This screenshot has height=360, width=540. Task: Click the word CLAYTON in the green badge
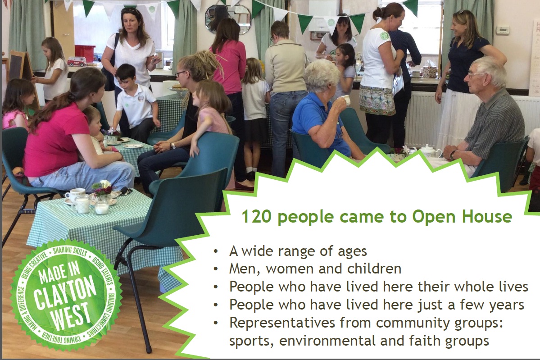[65, 293]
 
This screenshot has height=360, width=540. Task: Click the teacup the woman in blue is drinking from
[345, 100]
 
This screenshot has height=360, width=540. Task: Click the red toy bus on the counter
[77, 62]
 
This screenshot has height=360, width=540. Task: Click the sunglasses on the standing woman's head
[130, 10]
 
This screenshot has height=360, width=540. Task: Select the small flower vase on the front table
[102, 191]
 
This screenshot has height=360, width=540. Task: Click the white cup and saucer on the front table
[75, 196]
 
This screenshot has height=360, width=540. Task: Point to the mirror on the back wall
[228, 20]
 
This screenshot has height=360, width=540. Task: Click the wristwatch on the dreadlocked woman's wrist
[173, 146]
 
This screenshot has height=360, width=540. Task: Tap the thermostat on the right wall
[503, 30]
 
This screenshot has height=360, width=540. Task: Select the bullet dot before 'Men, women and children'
[216, 269]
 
